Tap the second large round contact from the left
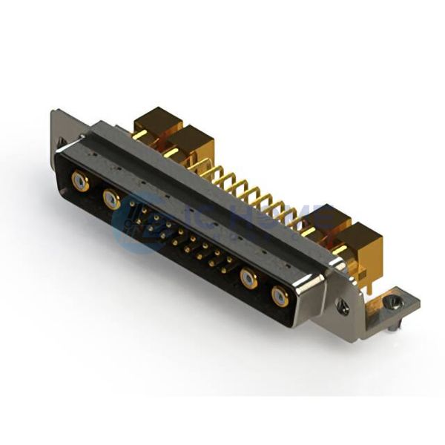coord(112,198)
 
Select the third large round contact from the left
coord(248,279)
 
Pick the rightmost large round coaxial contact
coord(280,297)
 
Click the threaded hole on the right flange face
coord(342,304)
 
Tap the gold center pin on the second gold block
coord(172,154)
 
